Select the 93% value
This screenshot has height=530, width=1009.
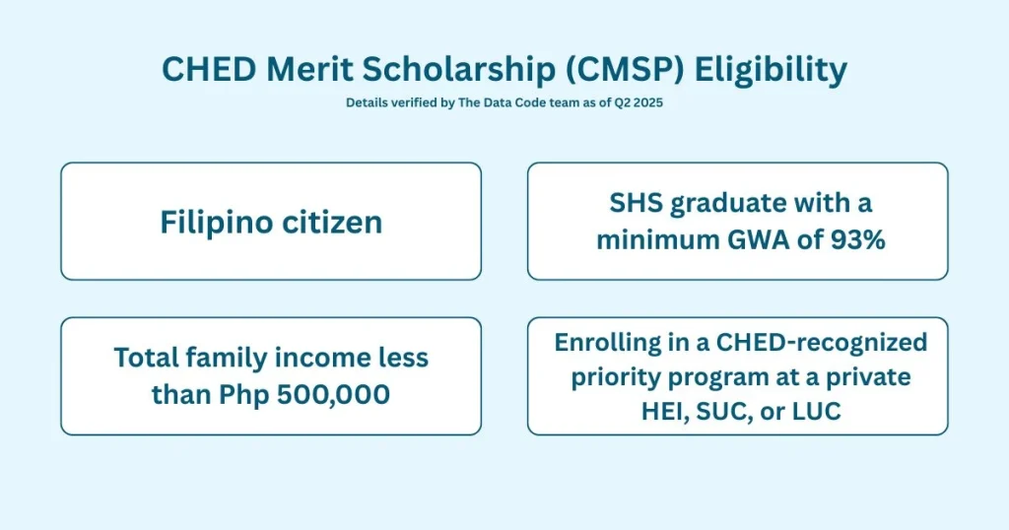click(849, 239)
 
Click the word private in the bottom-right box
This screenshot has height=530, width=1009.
click(857, 377)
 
